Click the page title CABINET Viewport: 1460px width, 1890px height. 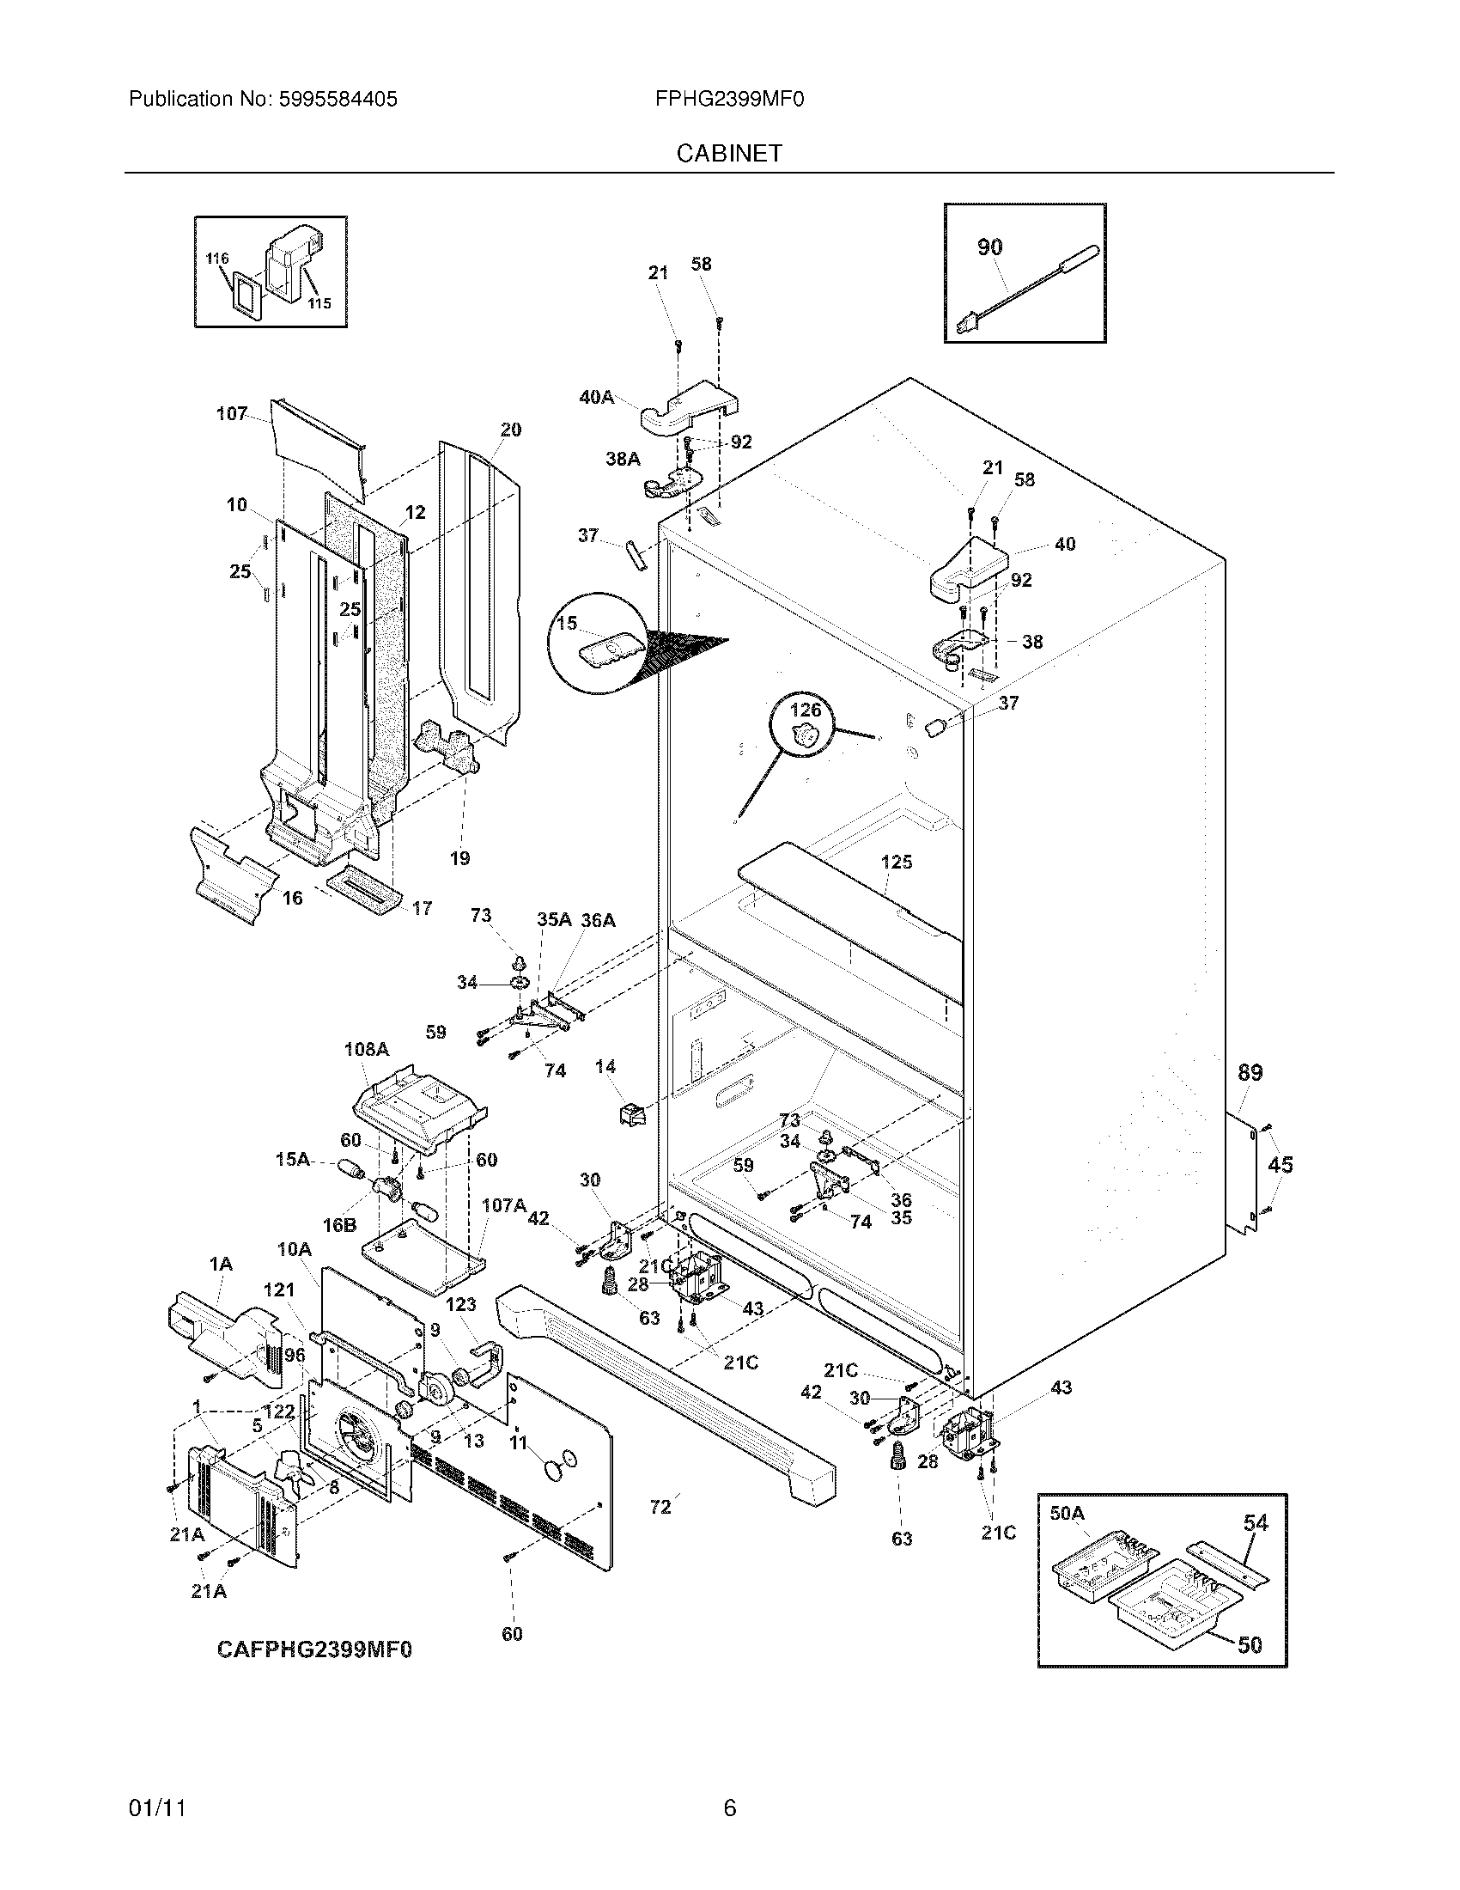pyautogui.click(x=728, y=153)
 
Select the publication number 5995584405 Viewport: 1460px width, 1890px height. pyautogui.click(x=338, y=100)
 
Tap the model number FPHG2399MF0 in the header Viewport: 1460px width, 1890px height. pyautogui.click(x=729, y=100)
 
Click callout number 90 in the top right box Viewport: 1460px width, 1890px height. pyautogui.click(x=989, y=247)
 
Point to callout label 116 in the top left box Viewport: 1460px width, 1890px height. pyautogui.click(x=216, y=259)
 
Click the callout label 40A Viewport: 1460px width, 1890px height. pyautogui.click(x=596, y=397)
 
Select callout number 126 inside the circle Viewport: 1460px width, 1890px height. pyautogui.click(x=806, y=710)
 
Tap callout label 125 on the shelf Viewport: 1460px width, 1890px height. pyautogui.click(x=896, y=862)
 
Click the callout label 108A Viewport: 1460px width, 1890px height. pyautogui.click(x=366, y=1050)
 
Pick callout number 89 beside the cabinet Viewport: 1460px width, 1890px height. pyautogui.click(x=1250, y=1073)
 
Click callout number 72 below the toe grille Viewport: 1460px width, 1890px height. pyautogui.click(x=660, y=1507)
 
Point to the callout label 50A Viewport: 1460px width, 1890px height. pyautogui.click(x=1067, y=1513)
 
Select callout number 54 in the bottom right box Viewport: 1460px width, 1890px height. pyautogui.click(x=1255, y=1522)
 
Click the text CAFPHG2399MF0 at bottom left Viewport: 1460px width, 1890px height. pyautogui.click(x=314, y=1649)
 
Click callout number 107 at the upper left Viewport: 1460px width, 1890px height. pyautogui.click(x=231, y=414)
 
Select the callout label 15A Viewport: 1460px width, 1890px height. pyautogui.click(x=292, y=1159)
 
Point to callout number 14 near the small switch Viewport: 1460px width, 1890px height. pyautogui.click(x=605, y=1066)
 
